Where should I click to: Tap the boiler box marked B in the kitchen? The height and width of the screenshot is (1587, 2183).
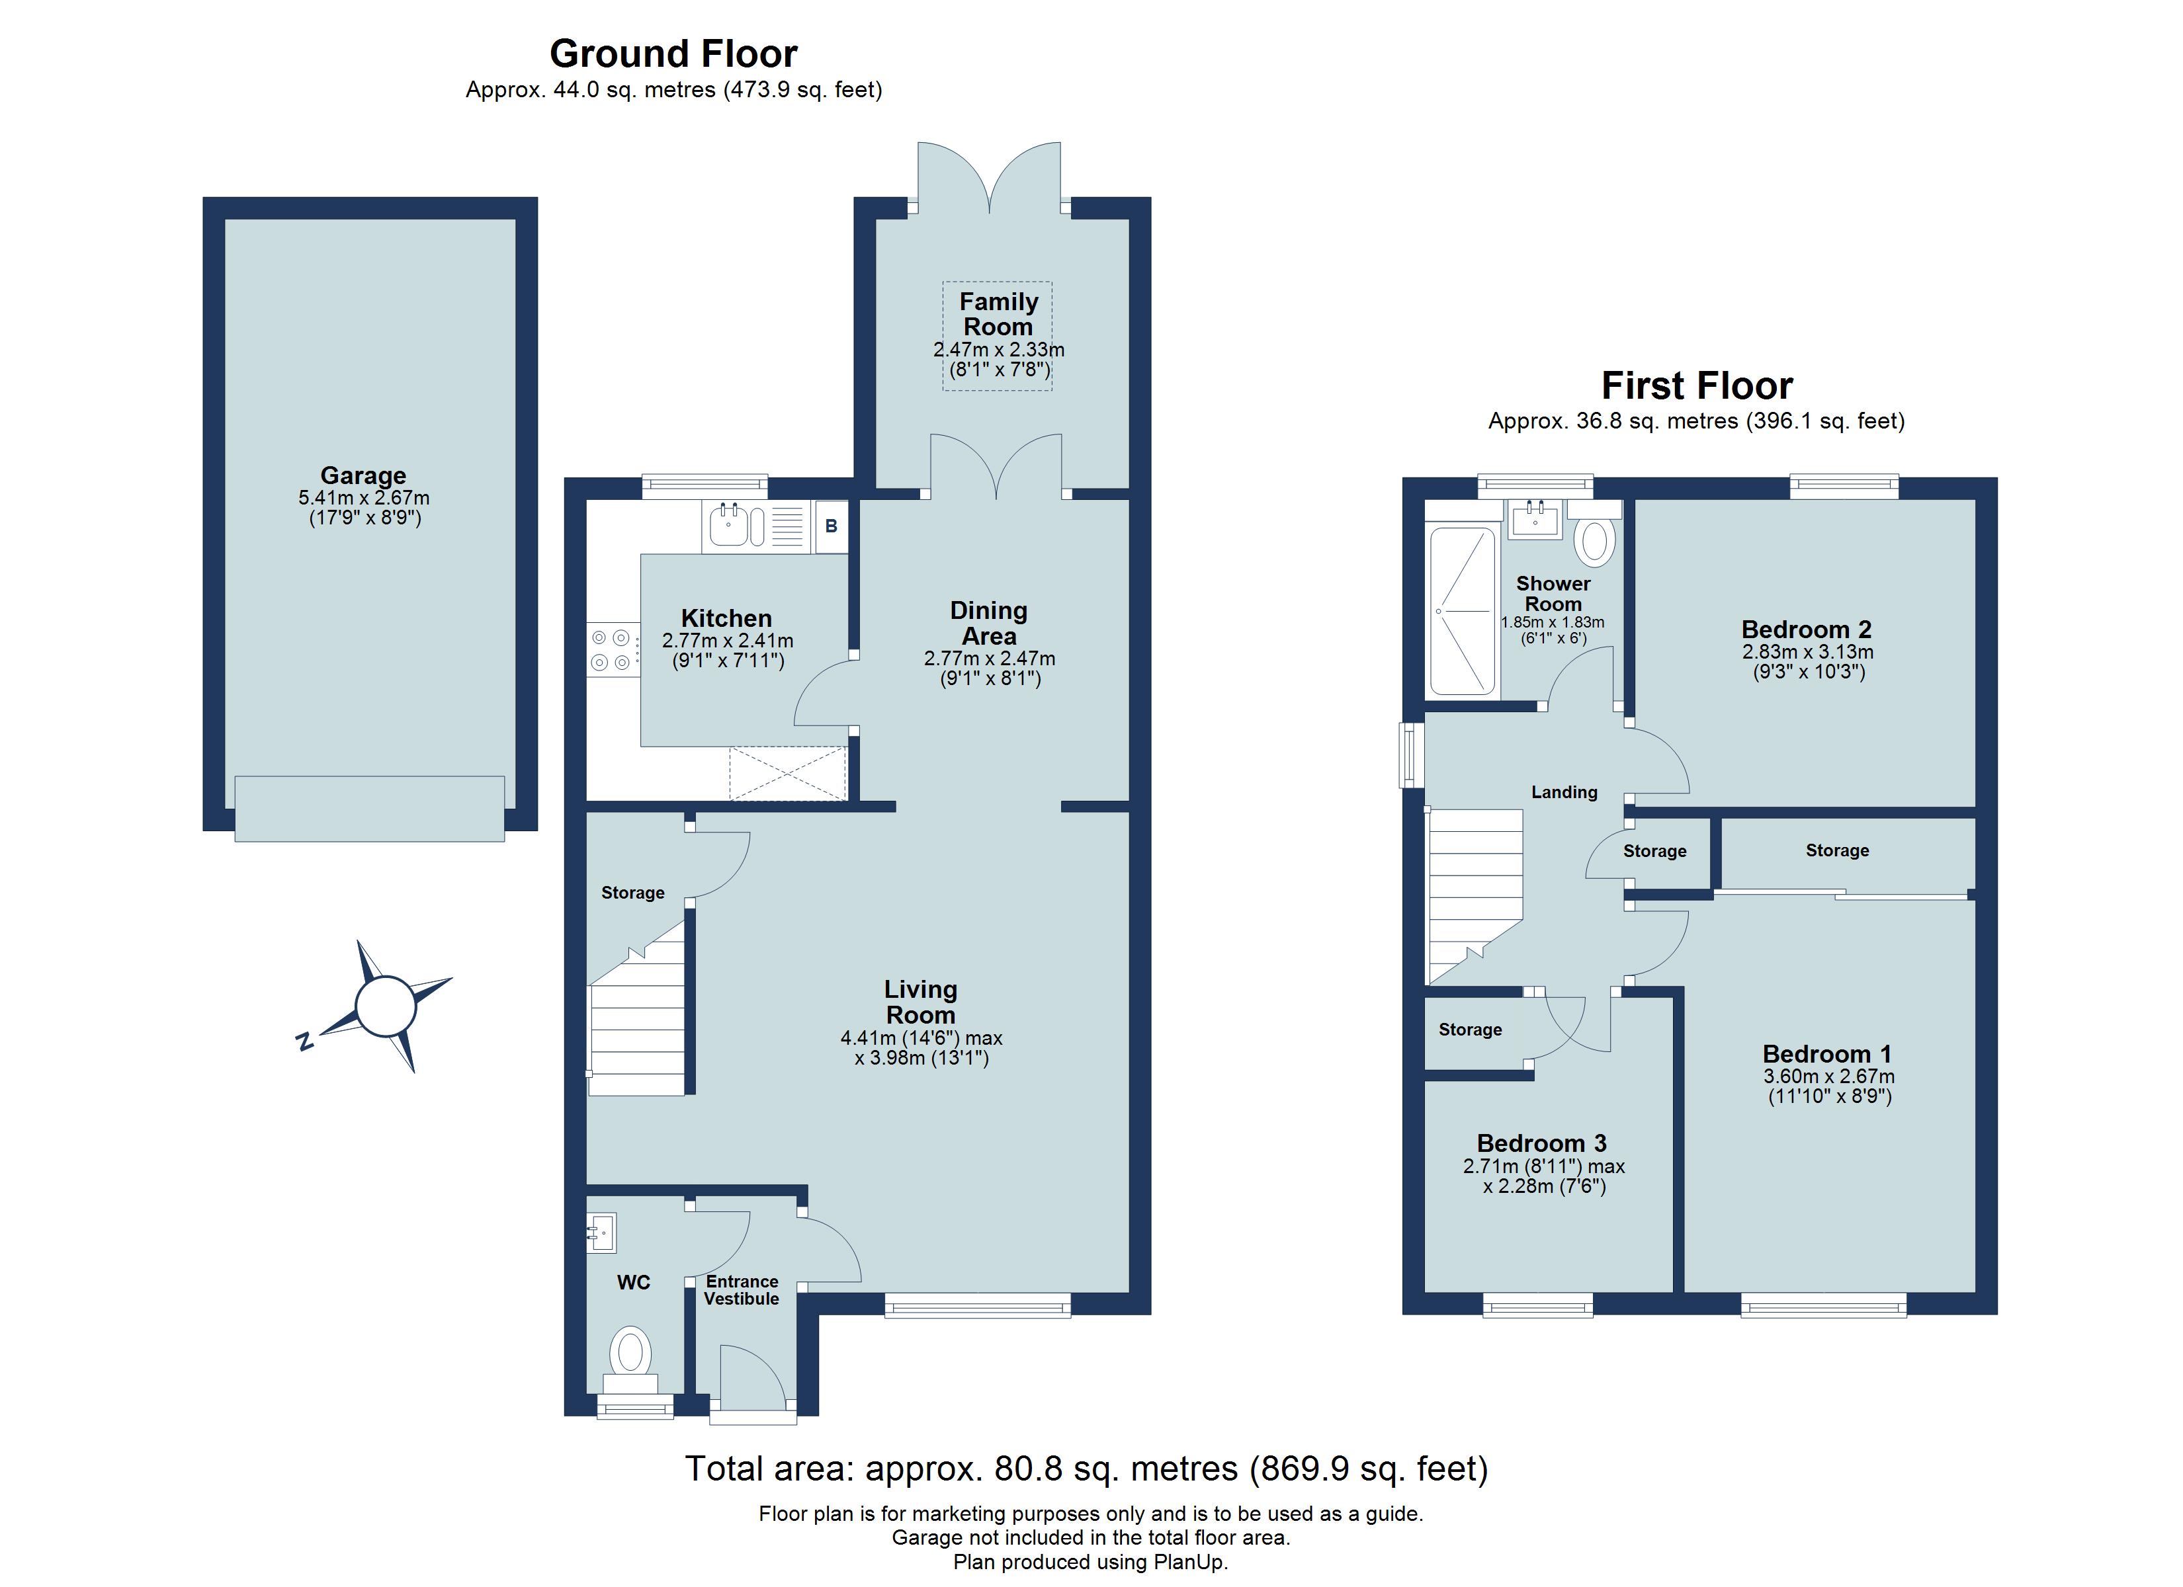832,526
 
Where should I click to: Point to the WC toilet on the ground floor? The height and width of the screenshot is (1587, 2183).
630,1352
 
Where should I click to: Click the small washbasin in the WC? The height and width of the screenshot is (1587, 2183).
601,1233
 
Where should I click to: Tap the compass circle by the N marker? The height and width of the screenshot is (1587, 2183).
385,1006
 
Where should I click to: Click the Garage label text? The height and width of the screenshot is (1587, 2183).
363,475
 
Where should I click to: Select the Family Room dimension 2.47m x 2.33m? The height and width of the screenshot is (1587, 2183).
998,350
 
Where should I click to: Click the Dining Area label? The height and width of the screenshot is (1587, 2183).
988,624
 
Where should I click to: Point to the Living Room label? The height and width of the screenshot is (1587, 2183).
920,1002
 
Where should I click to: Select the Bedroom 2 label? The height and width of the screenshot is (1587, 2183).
1807,630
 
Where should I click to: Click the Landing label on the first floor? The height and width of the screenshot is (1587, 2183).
1564,792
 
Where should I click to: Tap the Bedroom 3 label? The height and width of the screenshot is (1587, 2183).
1542,1143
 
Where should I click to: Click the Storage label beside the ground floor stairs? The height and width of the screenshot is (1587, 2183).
632,893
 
